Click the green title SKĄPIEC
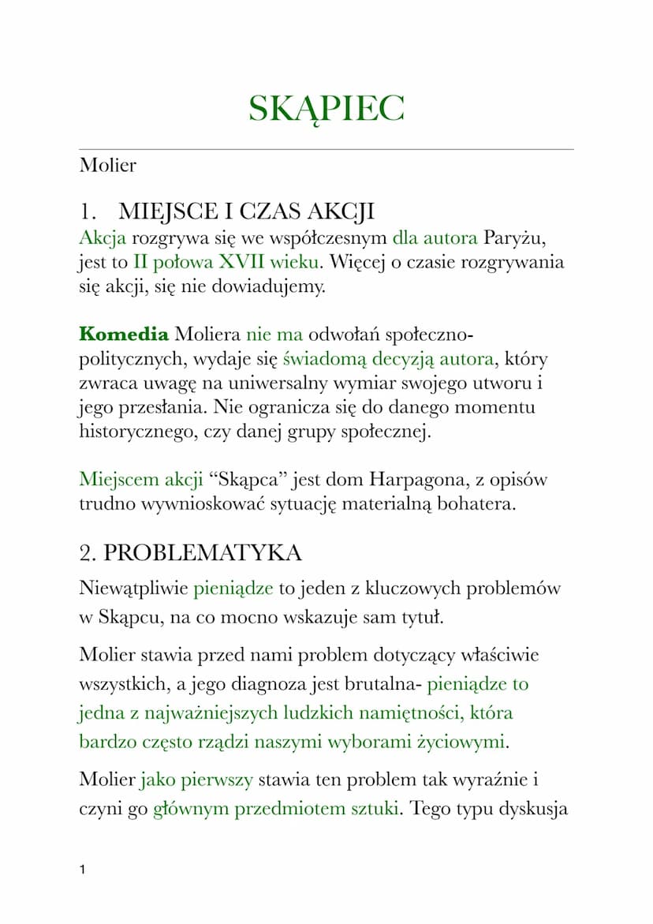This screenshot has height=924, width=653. (326, 108)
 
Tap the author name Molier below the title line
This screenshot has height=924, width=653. (107, 166)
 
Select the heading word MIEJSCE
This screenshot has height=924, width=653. (163, 212)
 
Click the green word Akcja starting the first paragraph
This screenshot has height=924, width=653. (103, 237)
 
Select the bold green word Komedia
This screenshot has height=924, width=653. (124, 334)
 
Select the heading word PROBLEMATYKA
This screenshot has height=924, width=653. (202, 553)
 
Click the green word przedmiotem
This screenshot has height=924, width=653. (288, 809)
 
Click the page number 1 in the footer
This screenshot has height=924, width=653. (83, 870)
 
